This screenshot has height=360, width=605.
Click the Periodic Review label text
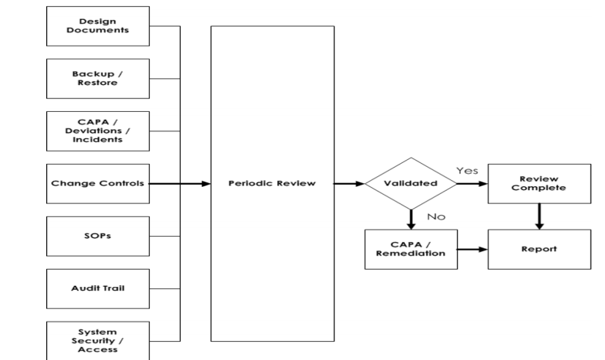coord(272,183)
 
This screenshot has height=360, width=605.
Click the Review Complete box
coord(539,183)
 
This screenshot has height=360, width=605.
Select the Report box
coord(539,250)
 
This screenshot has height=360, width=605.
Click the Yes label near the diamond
coord(466,171)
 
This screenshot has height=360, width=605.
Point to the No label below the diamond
coord(436,217)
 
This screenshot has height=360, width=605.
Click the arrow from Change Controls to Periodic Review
coord(179,183)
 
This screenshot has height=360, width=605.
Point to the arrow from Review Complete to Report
coord(539,216)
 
